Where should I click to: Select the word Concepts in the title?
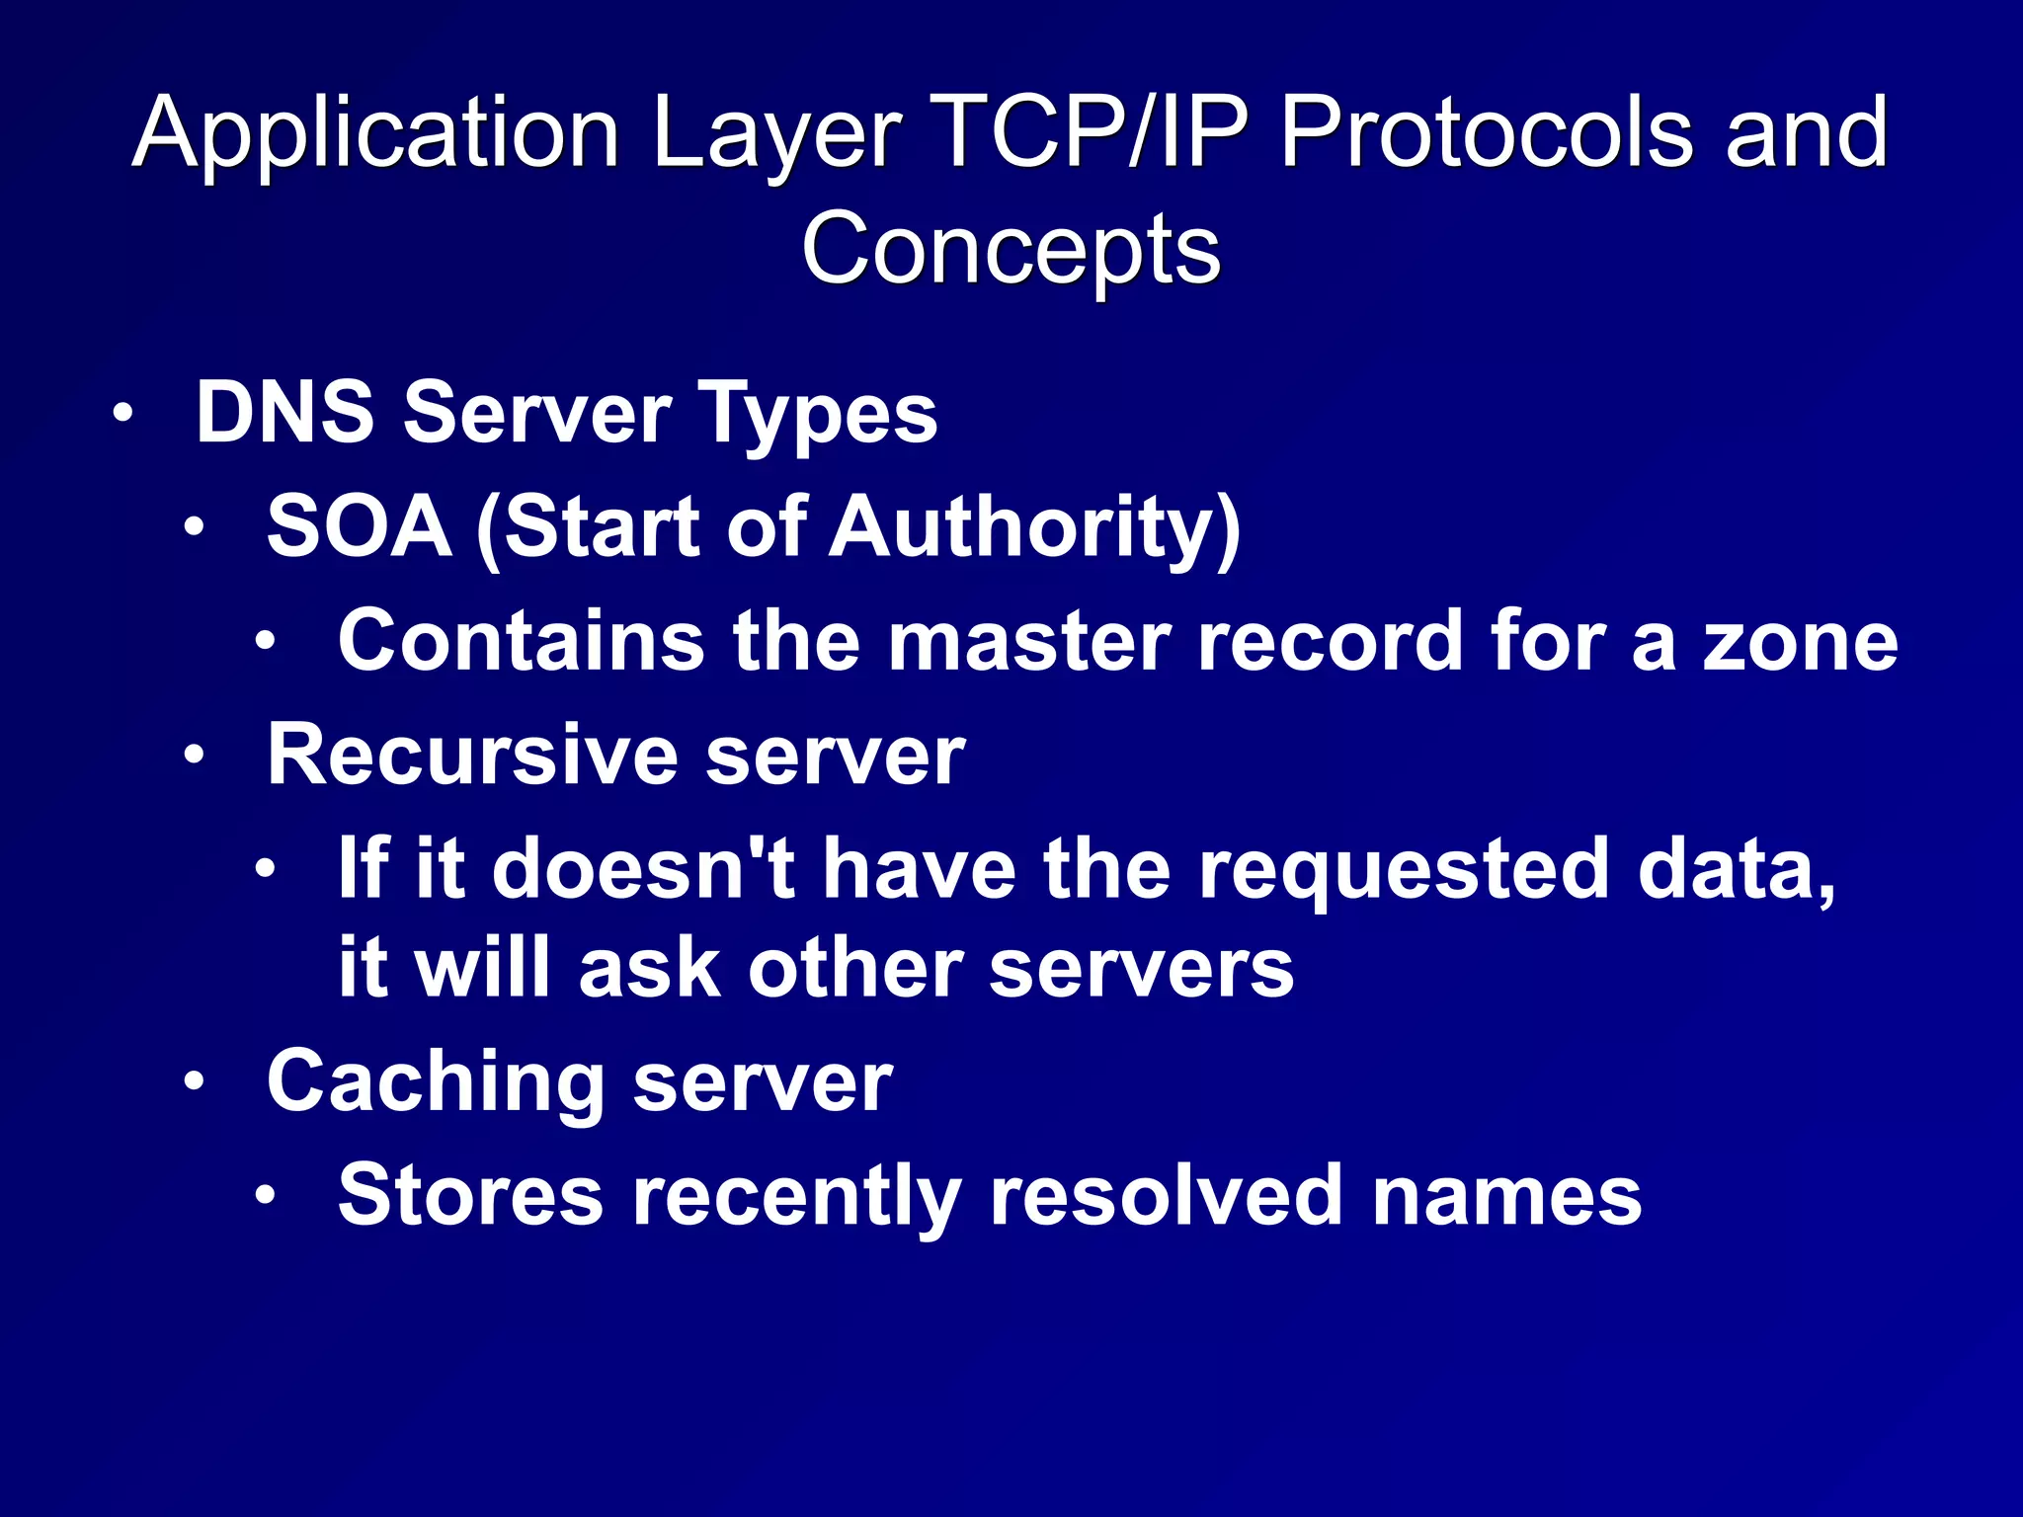(1011, 249)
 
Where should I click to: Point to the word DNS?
(285, 412)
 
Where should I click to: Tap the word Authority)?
(1034, 528)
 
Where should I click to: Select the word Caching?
(436, 1083)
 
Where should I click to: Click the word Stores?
(470, 1195)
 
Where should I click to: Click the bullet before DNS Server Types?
(121, 413)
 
